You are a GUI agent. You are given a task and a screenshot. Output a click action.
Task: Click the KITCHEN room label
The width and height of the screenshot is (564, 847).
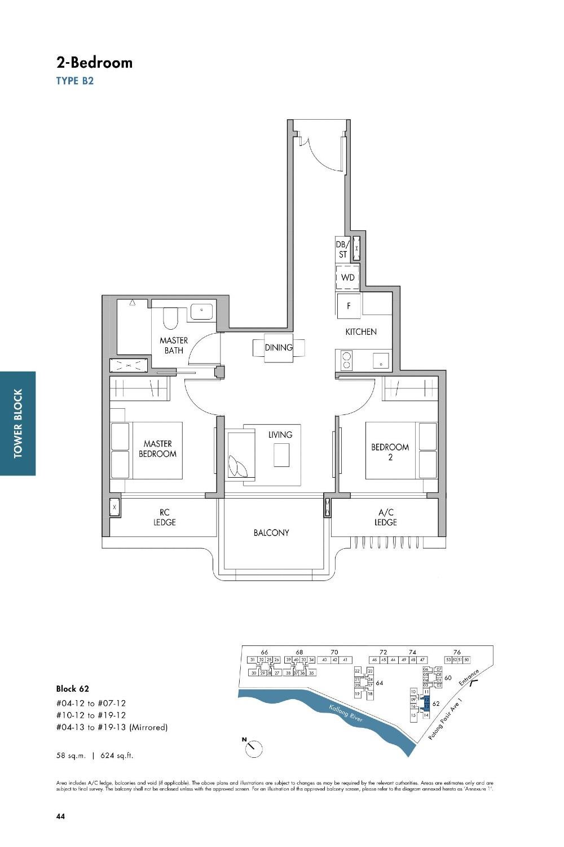pos(361,331)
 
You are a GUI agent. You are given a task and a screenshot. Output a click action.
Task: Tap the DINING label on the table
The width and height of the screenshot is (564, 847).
pos(279,347)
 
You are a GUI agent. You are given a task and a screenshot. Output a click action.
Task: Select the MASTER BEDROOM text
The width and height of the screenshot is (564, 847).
pos(157,449)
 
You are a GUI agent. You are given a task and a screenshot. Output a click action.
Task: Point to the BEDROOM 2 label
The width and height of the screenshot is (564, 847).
pos(390,452)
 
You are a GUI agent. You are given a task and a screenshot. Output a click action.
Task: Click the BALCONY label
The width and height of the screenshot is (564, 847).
pos(271,532)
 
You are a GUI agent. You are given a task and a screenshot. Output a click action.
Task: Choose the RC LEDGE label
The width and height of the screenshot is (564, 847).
pos(165,517)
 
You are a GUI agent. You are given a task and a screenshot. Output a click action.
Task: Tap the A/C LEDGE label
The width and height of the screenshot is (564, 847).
pos(386,517)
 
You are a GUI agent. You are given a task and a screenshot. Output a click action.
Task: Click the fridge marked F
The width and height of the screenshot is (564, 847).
pos(349,305)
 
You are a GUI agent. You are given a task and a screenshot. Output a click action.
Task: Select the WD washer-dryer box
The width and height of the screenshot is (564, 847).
pos(347,277)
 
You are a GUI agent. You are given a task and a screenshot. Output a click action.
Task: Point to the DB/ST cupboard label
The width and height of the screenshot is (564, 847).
pos(343,250)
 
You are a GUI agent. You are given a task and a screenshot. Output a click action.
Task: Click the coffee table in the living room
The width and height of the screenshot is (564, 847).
pos(281,455)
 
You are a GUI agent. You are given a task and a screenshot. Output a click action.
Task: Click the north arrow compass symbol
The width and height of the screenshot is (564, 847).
pos(254,749)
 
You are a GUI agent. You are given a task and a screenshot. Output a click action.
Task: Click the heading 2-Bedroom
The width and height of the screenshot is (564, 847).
pos(94,62)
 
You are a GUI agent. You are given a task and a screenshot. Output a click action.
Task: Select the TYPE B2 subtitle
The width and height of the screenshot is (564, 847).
pos(75,81)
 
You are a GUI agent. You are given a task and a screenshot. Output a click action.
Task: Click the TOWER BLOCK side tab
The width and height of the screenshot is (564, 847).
pos(18,423)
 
